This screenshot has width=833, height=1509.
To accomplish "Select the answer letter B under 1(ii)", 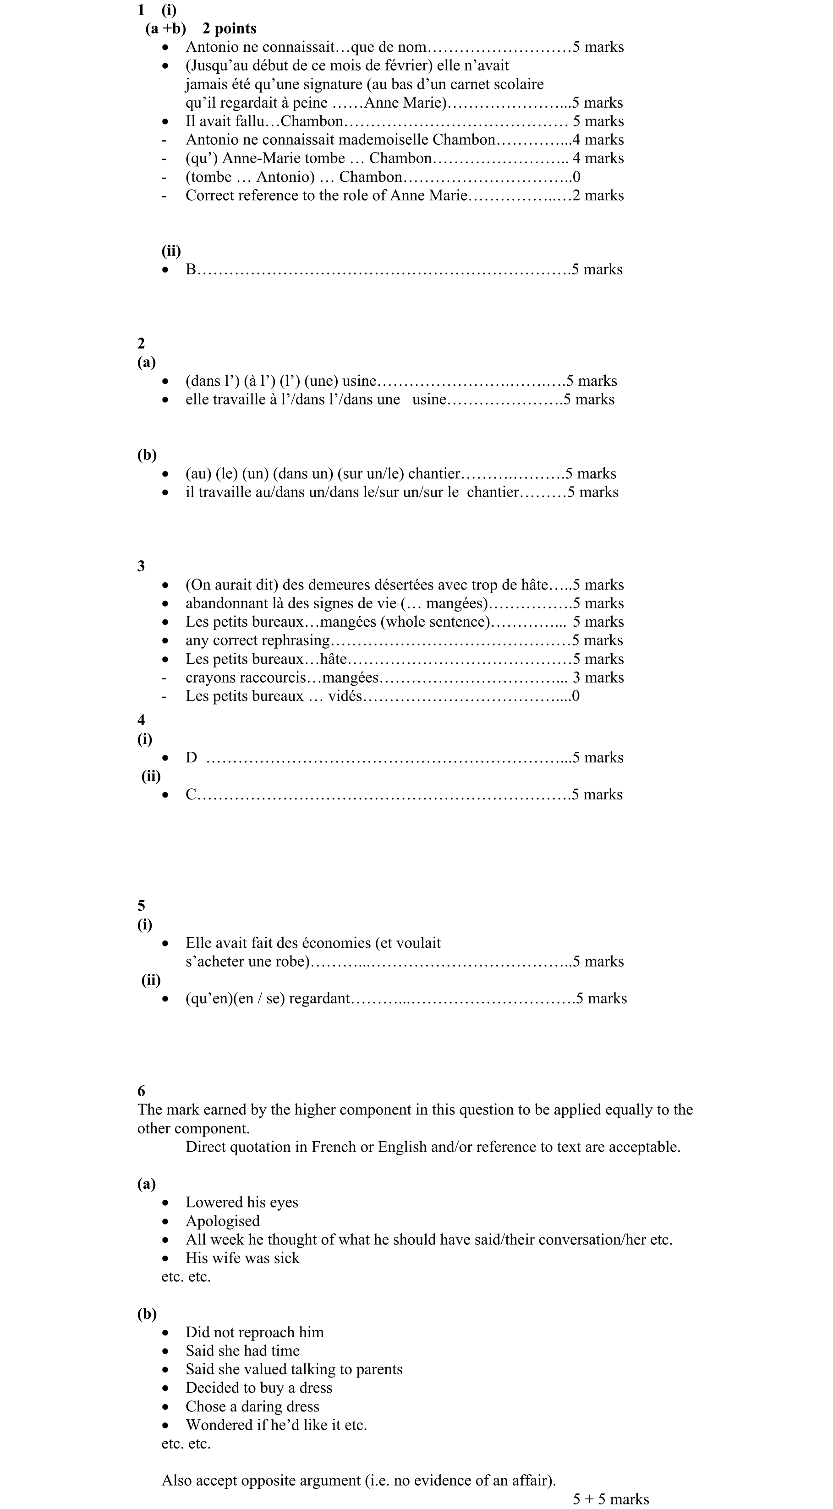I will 191,269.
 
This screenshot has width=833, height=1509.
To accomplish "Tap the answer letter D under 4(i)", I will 191,757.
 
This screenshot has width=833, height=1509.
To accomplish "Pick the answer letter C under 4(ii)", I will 191,794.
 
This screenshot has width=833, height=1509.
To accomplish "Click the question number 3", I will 141,566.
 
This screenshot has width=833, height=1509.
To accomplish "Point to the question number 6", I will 141,1091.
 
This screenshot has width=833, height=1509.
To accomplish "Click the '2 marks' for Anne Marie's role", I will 598,195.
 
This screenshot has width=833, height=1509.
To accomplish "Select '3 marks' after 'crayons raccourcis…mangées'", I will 598,677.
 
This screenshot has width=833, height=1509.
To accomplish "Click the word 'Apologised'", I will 223,1221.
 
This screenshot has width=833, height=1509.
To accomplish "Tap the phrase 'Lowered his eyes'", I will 242,1202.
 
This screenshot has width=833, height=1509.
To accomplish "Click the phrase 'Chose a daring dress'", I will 252,1406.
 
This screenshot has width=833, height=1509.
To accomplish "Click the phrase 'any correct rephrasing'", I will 258,640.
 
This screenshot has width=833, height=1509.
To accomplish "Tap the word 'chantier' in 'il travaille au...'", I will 493,492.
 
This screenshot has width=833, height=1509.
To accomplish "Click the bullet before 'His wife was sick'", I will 166,1258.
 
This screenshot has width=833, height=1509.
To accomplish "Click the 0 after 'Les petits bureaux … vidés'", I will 576,696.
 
